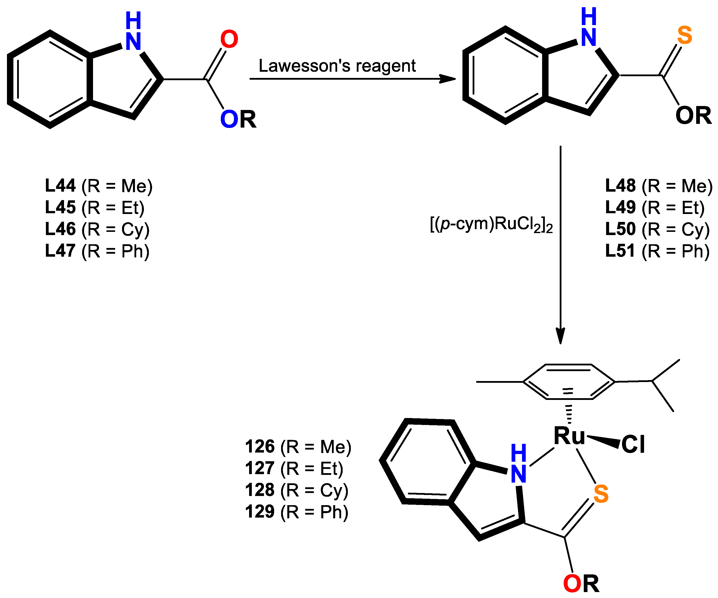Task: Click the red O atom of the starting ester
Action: coord(229,39)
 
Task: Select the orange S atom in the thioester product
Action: coord(685,35)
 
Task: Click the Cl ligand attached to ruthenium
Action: coord(633,444)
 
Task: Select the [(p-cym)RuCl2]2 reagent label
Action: coord(491,225)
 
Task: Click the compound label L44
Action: coord(60,186)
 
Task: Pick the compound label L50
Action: coord(620,229)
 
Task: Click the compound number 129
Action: coord(260,512)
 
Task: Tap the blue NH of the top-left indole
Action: coord(133,32)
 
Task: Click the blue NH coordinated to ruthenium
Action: coord(518,464)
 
